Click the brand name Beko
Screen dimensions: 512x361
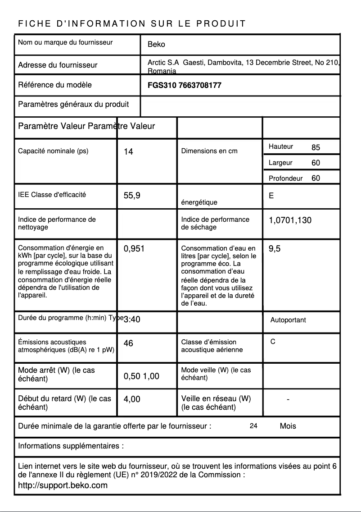(156, 44)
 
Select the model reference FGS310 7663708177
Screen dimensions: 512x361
(184, 85)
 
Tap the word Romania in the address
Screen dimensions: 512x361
(162, 72)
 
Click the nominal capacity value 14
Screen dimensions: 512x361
(128, 152)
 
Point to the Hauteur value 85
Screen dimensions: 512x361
(316, 147)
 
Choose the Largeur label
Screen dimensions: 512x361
(280, 163)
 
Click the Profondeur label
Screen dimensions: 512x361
(285, 178)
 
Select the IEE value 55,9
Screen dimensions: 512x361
(132, 196)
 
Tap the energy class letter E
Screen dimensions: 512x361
(271, 196)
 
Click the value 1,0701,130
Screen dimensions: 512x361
(290, 220)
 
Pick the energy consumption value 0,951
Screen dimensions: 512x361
(134, 248)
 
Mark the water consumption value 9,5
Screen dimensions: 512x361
(275, 248)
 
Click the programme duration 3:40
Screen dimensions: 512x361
(132, 320)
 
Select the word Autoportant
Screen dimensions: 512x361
(288, 320)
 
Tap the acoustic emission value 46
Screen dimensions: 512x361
(128, 343)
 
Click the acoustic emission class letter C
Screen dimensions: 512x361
(273, 342)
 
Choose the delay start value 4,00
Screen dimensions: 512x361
(132, 399)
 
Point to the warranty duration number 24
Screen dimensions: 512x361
(253, 426)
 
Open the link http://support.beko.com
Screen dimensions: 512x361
(63, 485)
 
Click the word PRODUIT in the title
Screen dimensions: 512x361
(221, 23)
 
